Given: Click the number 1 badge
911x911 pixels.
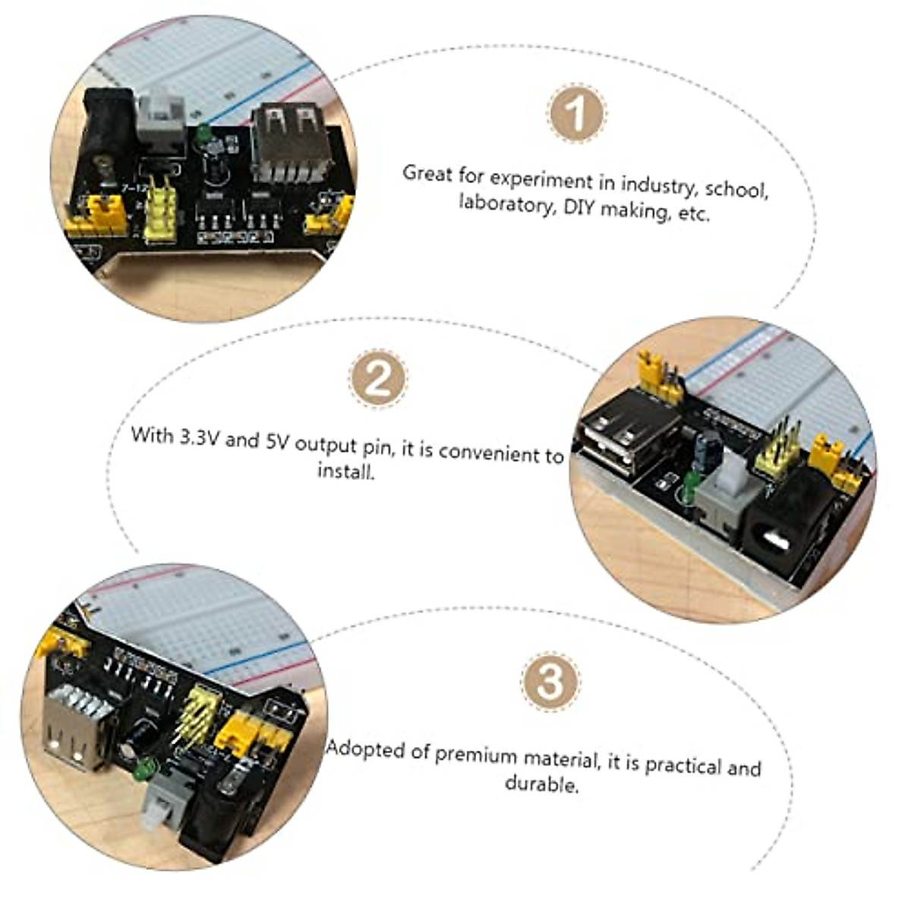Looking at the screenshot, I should pyautogui.click(x=577, y=115).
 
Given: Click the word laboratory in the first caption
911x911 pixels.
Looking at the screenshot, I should pyautogui.click(x=506, y=204).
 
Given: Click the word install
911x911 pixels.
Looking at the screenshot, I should pyautogui.click(x=345, y=471).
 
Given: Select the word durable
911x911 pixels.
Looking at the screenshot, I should pyautogui.click(x=541, y=783).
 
